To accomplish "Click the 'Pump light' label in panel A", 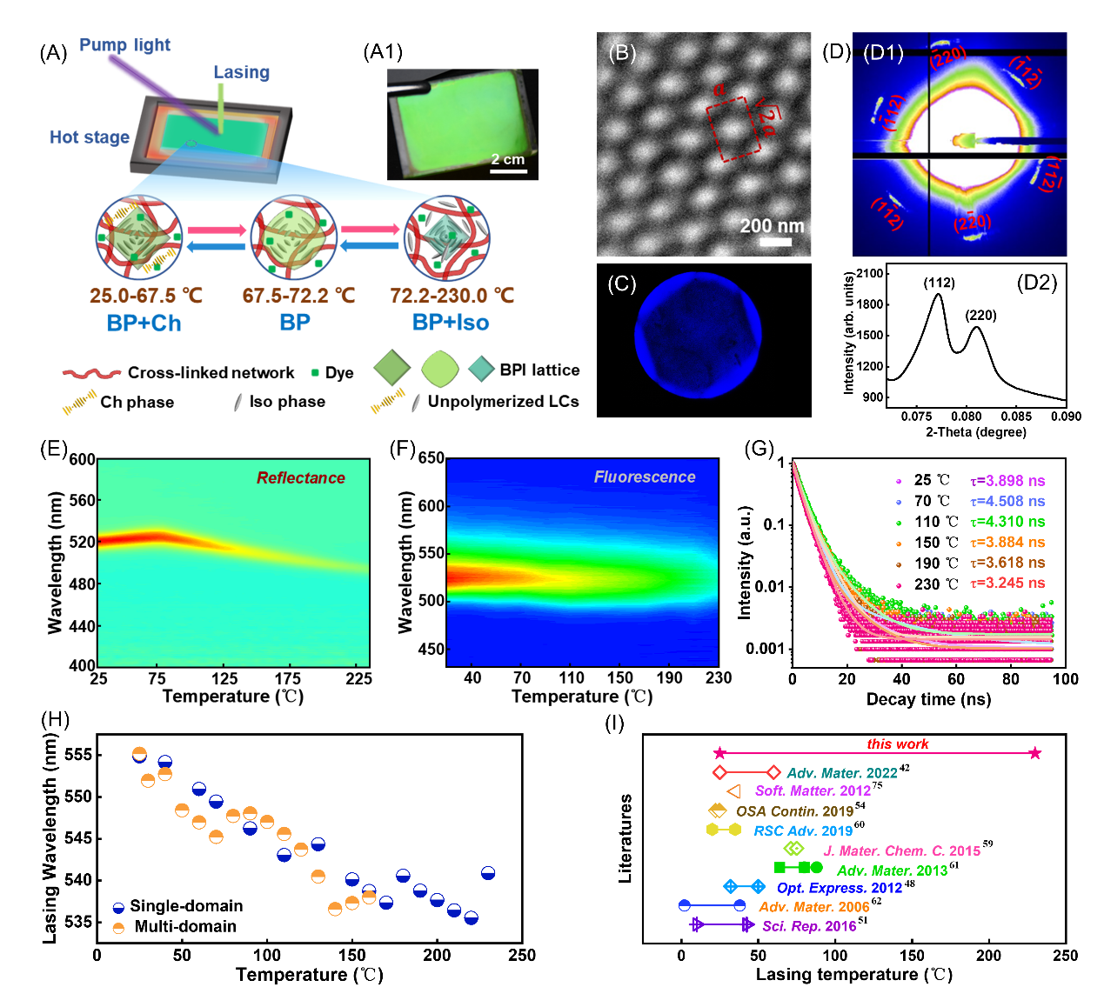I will (124, 45).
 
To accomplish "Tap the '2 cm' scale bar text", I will (508, 159).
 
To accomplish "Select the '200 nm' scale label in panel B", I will (772, 226).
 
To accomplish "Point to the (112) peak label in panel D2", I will (939, 283).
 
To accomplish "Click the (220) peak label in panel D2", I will (980, 315).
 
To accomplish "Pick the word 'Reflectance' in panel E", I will (300, 477).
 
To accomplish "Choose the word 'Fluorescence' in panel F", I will (644, 477).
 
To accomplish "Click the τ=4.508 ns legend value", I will (1007, 501).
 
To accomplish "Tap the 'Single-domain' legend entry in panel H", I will (186, 906).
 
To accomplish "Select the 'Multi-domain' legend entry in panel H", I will (185, 926).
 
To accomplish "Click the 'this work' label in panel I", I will (897, 744).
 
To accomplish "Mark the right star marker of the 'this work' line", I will (1034, 753).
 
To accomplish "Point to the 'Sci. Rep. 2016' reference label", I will (809, 926).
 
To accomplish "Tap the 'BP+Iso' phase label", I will (450, 323).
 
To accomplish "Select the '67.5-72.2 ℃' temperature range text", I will (298, 296).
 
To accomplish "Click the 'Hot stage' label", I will (89, 137).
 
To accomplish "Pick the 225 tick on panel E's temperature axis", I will (358, 678).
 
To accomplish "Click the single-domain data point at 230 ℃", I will (488, 873).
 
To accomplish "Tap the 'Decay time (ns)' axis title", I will (928, 699).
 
